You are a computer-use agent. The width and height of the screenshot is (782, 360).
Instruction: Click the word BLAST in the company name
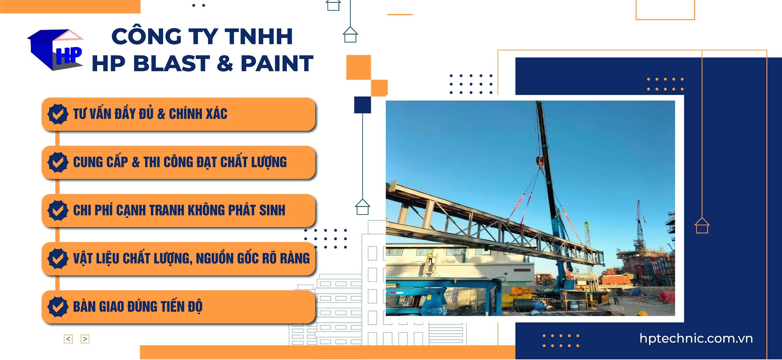tap(171, 64)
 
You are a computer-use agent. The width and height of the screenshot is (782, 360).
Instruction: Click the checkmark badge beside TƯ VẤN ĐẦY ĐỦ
tap(58, 114)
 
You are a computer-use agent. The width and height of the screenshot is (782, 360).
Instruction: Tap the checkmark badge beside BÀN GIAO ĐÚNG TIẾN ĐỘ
tap(58, 307)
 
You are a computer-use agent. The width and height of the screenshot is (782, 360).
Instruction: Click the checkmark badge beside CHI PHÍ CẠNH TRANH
tap(58, 210)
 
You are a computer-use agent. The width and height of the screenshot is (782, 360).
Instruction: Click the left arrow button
tap(68, 339)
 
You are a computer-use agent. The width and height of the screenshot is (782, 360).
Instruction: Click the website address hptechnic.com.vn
tap(696, 339)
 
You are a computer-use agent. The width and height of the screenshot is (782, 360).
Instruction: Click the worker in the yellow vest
tap(431, 258)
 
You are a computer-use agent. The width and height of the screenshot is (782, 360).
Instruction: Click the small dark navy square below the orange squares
tap(362, 105)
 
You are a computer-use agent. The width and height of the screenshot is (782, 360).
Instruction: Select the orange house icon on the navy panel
tap(702, 226)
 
